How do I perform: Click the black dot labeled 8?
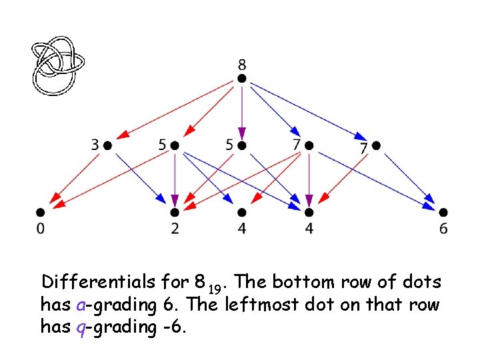242,79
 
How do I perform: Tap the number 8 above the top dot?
242,65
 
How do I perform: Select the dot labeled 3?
107,145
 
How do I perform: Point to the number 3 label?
95,144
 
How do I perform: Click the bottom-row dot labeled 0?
40,213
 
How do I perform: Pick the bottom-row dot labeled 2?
175,213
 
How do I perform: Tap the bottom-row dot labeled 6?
443,213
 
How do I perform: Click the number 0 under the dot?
40,229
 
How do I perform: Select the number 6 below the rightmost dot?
443,229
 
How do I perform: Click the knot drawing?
59,65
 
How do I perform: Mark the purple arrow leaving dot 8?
242,110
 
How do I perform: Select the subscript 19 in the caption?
213,288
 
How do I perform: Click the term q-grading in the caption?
106,327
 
